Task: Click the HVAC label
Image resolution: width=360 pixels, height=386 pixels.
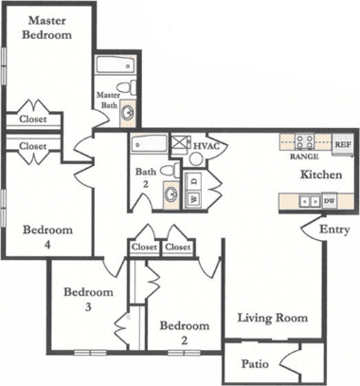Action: (x=206, y=146)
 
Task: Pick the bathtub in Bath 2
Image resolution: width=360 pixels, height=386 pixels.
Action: (x=149, y=144)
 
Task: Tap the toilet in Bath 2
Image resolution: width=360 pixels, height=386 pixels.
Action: (x=168, y=171)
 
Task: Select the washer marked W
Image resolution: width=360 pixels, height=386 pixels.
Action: (x=194, y=199)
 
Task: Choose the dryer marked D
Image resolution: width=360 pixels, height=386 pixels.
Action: (x=194, y=179)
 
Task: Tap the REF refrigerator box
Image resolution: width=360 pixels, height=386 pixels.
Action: (x=342, y=144)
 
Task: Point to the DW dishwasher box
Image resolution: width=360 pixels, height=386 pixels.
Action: (x=330, y=201)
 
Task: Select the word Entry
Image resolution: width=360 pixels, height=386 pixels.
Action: (x=333, y=230)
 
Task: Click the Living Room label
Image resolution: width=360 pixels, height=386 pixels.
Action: (x=272, y=318)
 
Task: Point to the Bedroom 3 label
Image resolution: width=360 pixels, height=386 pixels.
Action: (x=88, y=299)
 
